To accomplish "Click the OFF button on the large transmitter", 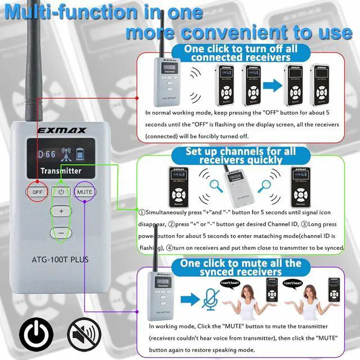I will [x=38, y=192].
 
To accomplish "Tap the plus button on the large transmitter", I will [x=61, y=211].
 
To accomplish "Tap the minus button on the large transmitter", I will [x=61, y=232].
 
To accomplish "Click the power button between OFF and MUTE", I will [x=61, y=192].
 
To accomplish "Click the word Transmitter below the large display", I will [x=61, y=170].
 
